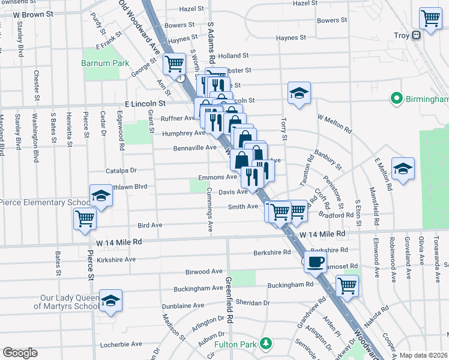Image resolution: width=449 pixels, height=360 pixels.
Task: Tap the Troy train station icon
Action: pyautogui.click(x=415, y=35)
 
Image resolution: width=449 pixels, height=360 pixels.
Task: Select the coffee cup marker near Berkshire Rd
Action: pyautogui.click(x=315, y=261)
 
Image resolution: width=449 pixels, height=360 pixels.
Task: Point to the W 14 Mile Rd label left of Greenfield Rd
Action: pyautogui.click(x=119, y=242)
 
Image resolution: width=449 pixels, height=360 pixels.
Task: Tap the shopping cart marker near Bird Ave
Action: pyautogui.click(x=85, y=218)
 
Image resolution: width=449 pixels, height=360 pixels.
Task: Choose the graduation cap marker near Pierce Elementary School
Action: pyautogui.click(x=101, y=196)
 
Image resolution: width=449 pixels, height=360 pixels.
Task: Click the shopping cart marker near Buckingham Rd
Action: pyautogui.click(x=347, y=285)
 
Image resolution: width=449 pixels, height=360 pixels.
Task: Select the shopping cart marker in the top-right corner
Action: pyautogui.click(x=430, y=19)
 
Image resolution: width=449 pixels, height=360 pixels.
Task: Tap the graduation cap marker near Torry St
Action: pyautogui.click(x=298, y=93)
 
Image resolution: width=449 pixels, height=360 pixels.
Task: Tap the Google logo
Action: pyautogui.click(x=20, y=353)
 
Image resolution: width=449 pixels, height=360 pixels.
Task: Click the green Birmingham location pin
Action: pyautogui.click(x=396, y=98)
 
